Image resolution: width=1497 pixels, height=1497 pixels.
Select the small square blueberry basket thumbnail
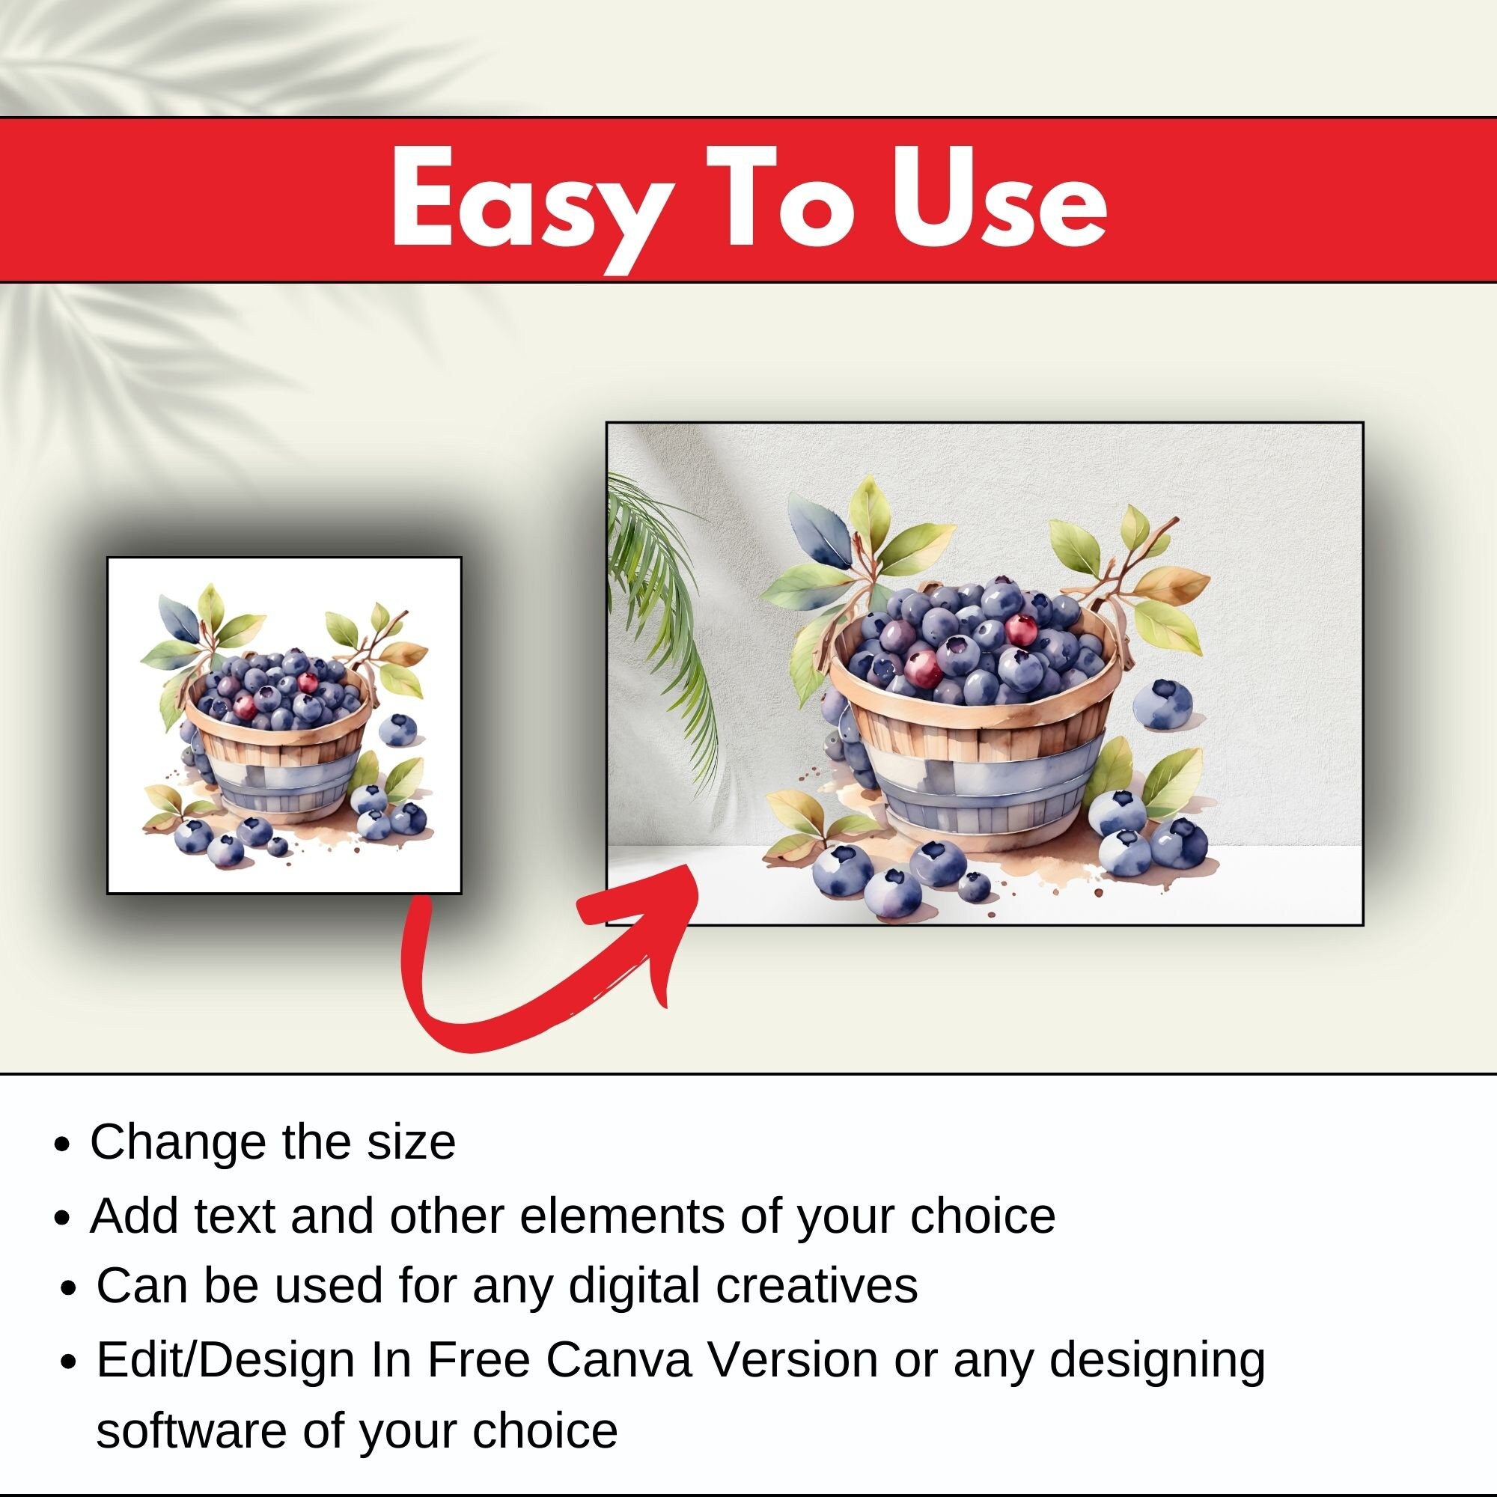click(284, 725)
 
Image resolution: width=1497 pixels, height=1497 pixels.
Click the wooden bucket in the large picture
click(976, 767)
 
